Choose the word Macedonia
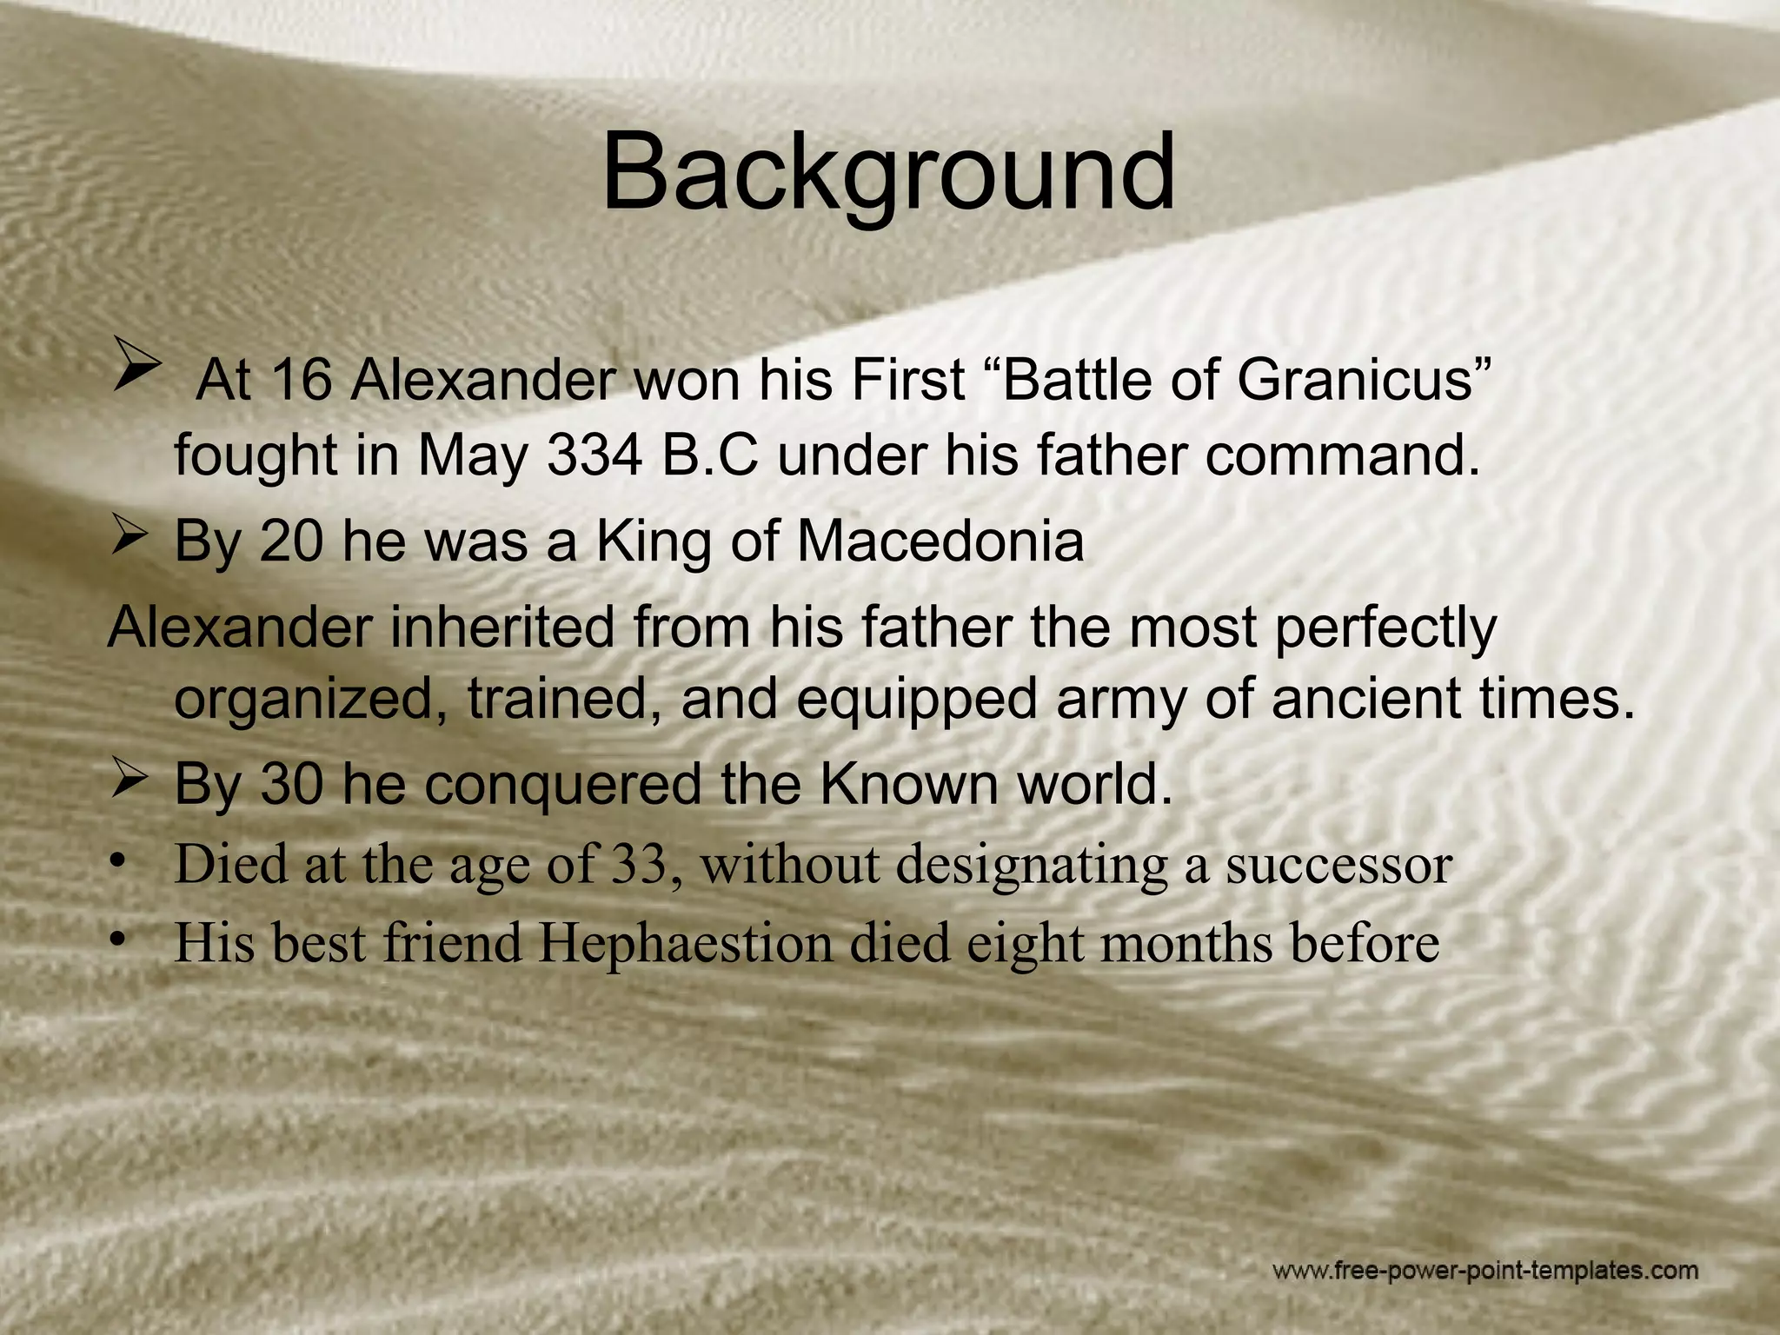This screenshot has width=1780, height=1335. click(940, 541)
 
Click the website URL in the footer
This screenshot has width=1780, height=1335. click(1485, 1272)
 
